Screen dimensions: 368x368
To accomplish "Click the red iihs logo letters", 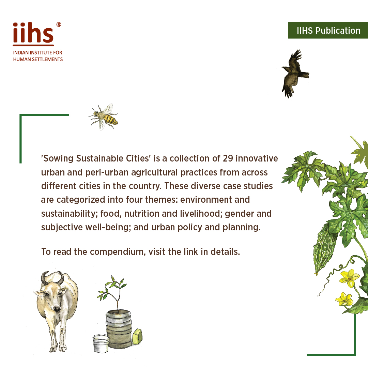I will [x=33, y=33].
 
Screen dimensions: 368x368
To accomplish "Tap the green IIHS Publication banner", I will [x=328, y=31].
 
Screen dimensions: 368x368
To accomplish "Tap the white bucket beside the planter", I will [x=101, y=342].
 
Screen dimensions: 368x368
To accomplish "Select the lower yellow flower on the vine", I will [x=344, y=298].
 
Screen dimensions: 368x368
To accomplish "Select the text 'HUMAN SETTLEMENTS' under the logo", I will [x=38, y=59].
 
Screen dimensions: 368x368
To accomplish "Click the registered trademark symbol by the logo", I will [x=59, y=25].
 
